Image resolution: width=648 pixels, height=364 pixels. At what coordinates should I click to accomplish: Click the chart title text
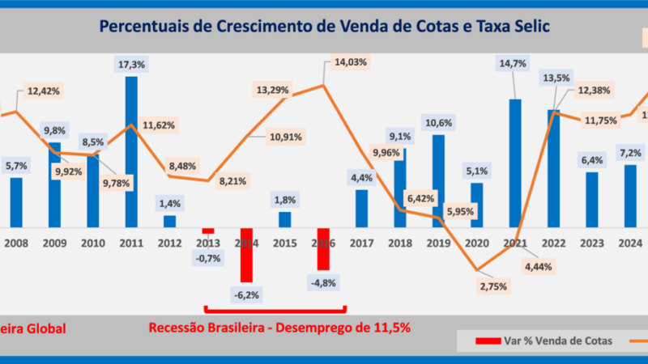(x=324, y=26)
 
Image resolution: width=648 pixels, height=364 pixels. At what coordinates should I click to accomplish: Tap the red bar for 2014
(x=246, y=255)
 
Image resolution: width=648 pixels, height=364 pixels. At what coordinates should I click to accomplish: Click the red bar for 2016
(x=323, y=249)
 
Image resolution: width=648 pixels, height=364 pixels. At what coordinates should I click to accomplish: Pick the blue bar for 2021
(x=515, y=162)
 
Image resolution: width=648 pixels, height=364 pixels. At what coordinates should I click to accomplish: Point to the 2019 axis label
(x=437, y=241)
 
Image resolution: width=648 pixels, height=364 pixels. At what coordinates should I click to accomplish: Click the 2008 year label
(x=16, y=241)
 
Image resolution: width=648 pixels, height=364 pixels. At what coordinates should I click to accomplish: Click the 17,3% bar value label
(x=130, y=62)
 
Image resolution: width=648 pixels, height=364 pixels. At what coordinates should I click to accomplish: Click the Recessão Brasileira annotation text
(x=279, y=328)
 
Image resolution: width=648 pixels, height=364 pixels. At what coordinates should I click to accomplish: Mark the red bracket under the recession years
(x=275, y=310)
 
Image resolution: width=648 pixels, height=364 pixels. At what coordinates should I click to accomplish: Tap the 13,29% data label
(x=273, y=90)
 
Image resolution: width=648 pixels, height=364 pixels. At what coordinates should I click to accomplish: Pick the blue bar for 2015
(x=284, y=219)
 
